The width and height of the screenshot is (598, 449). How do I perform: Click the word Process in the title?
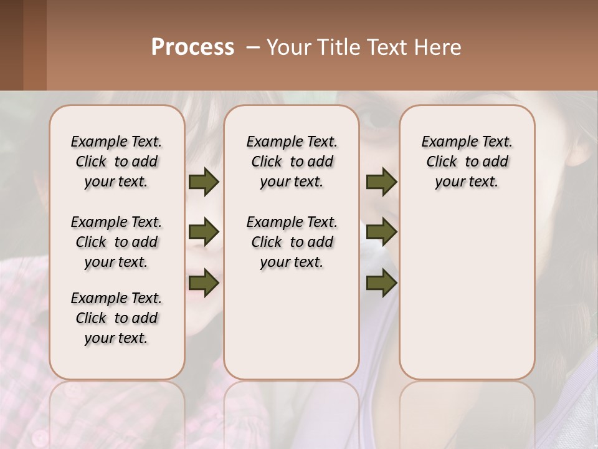click(192, 47)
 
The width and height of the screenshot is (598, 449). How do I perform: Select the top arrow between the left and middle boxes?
click(204, 182)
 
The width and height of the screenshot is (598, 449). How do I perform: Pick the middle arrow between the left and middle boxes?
click(204, 233)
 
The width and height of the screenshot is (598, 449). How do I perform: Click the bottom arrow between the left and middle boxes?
click(204, 282)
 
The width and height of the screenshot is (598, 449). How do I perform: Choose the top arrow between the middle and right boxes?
click(381, 182)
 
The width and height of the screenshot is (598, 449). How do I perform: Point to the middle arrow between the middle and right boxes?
click(381, 233)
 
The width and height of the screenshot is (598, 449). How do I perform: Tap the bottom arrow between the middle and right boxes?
click(381, 282)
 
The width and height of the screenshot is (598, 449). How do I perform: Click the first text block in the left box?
click(116, 162)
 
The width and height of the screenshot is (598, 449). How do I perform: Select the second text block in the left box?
click(116, 242)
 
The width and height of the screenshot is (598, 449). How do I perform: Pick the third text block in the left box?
click(116, 318)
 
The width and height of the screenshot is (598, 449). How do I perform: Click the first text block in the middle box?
click(292, 162)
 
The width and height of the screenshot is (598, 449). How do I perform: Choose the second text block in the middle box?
click(292, 242)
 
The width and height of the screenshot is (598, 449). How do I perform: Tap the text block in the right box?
click(467, 162)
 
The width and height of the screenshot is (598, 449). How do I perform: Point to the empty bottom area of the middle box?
click(292, 331)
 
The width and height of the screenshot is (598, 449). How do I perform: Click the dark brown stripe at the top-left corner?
click(11, 44)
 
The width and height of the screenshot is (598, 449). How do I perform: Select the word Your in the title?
click(286, 47)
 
